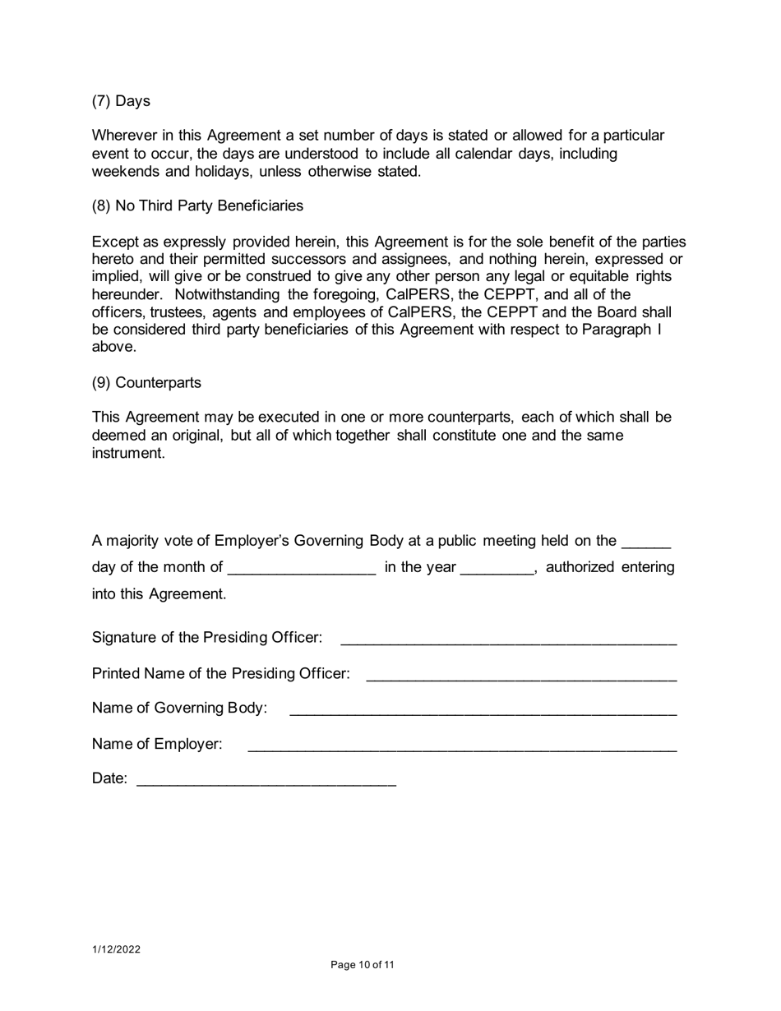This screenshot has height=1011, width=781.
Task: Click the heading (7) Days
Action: click(x=121, y=101)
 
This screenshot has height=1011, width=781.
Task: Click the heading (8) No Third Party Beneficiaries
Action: click(x=197, y=205)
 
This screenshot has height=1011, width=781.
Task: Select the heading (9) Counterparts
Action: click(x=146, y=383)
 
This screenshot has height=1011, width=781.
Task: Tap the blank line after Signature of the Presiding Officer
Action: click(x=508, y=639)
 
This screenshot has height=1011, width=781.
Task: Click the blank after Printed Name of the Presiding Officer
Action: click(x=521, y=675)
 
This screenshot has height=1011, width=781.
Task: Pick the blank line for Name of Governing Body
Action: click(x=483, y=709)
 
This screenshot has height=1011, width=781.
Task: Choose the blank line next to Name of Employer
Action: click(x=462, y=746)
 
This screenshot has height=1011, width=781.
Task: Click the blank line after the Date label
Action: click(x=266, y=780)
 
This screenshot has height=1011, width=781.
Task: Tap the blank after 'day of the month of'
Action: click(x=302, y=569)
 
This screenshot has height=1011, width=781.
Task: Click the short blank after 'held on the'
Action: click(x=647, y=542)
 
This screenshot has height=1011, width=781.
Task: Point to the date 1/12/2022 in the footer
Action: click(x=116, y=949)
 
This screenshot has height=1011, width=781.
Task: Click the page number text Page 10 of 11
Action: click(x=363, y=965)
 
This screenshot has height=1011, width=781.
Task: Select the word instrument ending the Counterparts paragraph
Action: click(x=128, y=453)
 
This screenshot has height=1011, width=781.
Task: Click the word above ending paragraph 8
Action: click(x=113, y=347)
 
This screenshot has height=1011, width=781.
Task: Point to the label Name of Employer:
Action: click(x=157, y=744)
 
